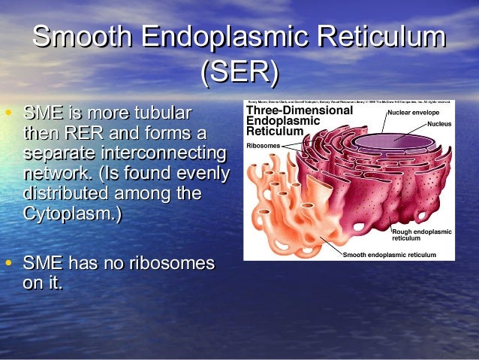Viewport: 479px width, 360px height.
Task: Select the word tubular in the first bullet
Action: (158, 114)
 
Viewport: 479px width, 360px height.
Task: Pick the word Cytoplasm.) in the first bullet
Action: (72, 213)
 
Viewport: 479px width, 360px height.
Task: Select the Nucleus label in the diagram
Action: (439, 123)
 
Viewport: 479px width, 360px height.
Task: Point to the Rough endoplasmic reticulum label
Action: (421, 234)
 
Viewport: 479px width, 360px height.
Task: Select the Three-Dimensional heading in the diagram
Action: (300, 110)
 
